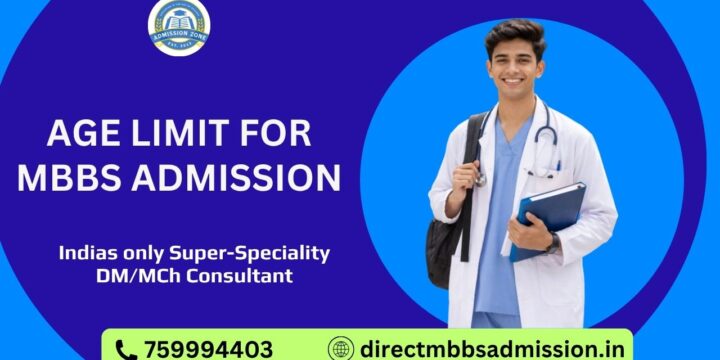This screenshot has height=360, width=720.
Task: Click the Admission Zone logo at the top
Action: (x=179, y=27)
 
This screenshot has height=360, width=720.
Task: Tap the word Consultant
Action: (x=244, y=276)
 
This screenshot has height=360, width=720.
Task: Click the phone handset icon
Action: (x=125, y=349)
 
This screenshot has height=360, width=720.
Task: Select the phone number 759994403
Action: (x=208, y=349)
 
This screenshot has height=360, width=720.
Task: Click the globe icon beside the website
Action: (x=341, y=349)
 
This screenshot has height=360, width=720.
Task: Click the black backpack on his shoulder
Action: (x=444, y=225)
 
